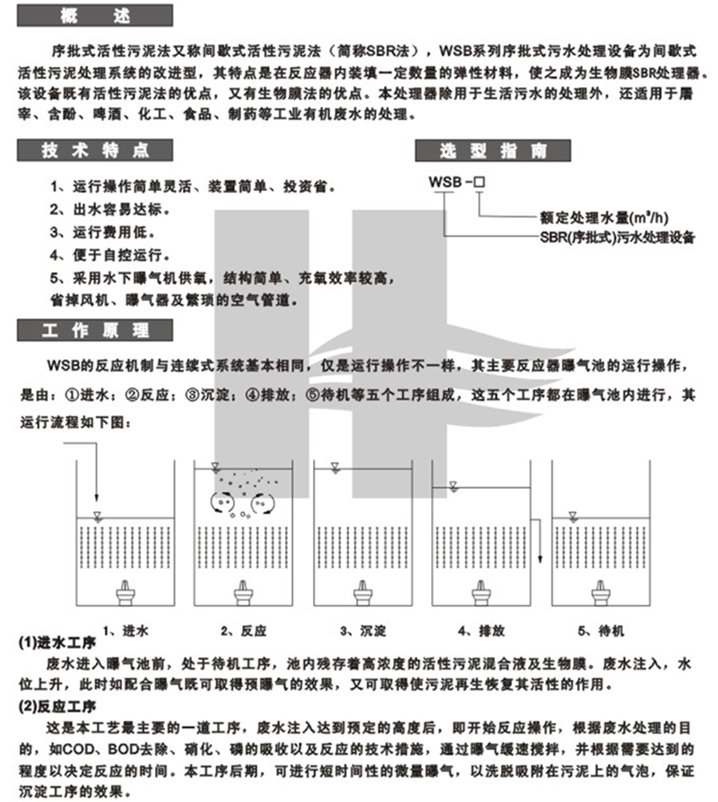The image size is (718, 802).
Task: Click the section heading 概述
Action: coord(96,15)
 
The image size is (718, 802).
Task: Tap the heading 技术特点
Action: coord(96,150)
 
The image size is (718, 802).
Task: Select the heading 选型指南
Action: coord(492,150)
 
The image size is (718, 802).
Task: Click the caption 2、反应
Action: coord(243,630)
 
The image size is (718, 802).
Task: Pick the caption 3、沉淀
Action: coord(363,630)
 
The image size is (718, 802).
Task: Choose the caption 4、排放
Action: coord(481,630)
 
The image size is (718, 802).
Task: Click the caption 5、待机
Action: coord(599,630)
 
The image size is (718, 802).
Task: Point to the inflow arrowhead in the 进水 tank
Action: coord(96,496)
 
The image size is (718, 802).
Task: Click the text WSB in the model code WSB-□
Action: coord(444,182)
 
